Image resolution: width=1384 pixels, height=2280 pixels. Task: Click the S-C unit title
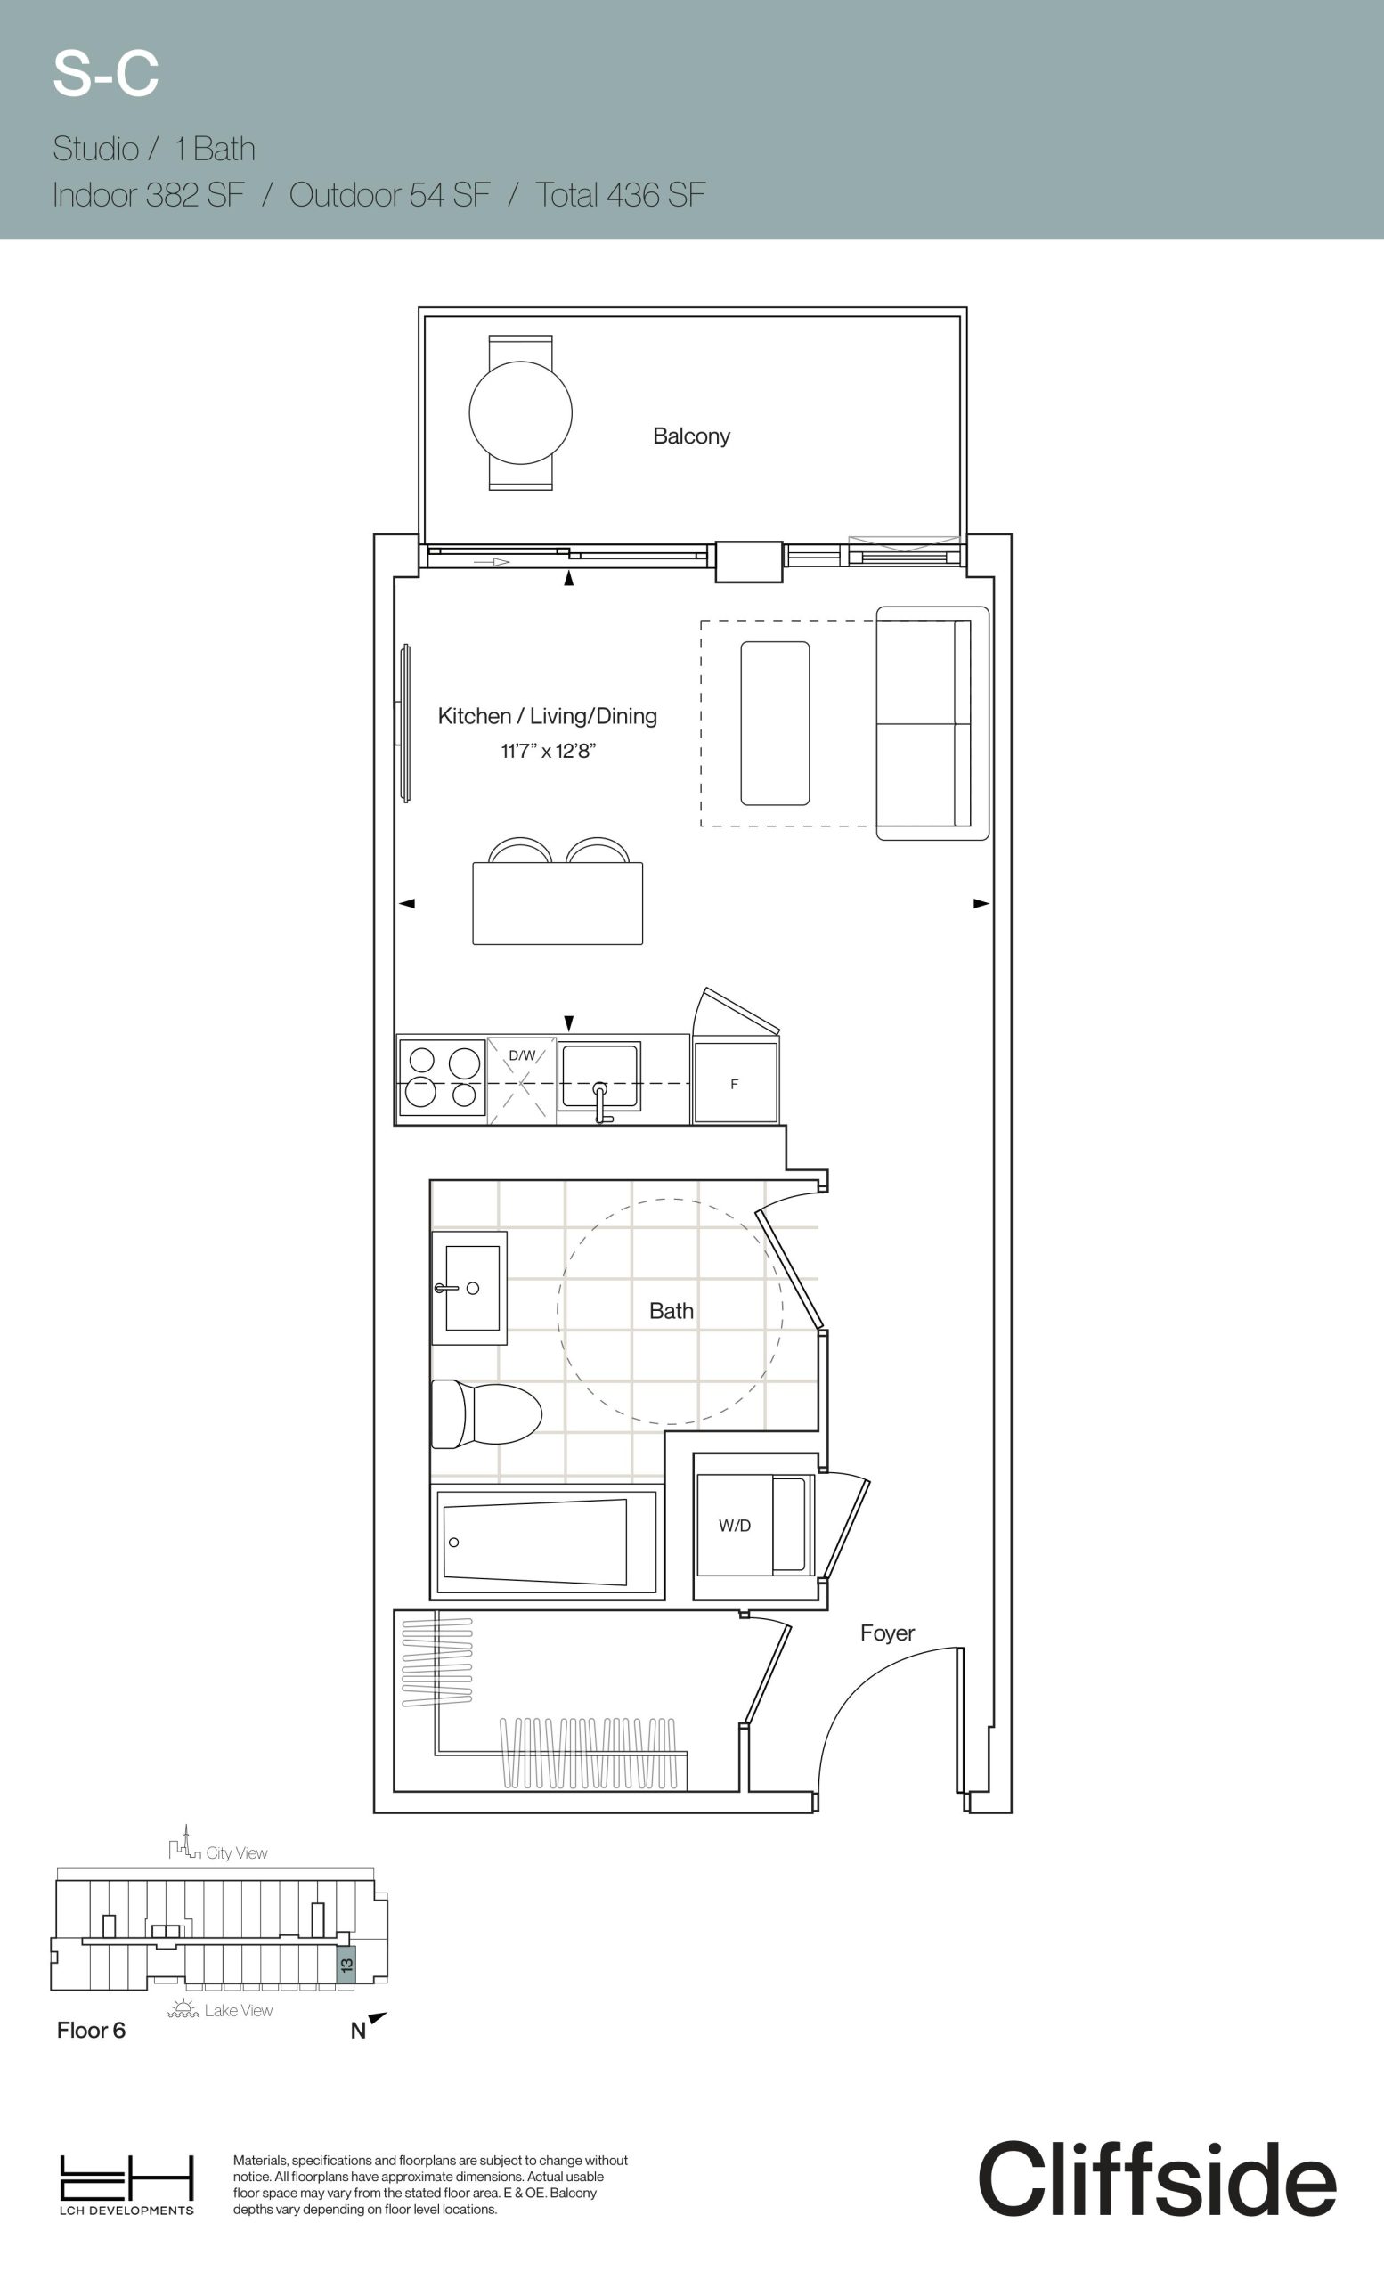[x=105, y=74]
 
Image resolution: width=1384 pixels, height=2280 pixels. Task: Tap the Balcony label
[x=691, y=436]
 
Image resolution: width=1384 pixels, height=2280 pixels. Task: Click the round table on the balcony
[x=520, y=412]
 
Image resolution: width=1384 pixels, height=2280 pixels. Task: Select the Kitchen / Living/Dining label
[x=548, y=715]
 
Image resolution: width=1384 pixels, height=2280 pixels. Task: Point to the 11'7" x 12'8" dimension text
[x=548, y=751]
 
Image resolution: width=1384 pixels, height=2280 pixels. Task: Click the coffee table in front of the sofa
[x=775, y=723]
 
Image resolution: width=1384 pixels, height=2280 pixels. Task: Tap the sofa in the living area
[x=932, y=723]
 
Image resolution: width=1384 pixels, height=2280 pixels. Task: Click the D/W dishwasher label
[x=522, y=1054]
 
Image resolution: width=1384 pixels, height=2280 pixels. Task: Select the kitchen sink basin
[x=598, y=1075]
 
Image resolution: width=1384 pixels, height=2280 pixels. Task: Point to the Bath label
[x=671, y=1310]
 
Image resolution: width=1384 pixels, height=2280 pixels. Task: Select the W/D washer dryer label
[x=735, y=1525]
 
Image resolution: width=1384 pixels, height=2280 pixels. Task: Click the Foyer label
[x=887, y=1633]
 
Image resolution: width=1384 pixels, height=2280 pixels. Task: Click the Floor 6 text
[x=91, y=2030]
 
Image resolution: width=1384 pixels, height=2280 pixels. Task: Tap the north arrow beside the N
[x=378, y=2018]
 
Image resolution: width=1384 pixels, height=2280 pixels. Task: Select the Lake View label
[x=238, y=2010]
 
